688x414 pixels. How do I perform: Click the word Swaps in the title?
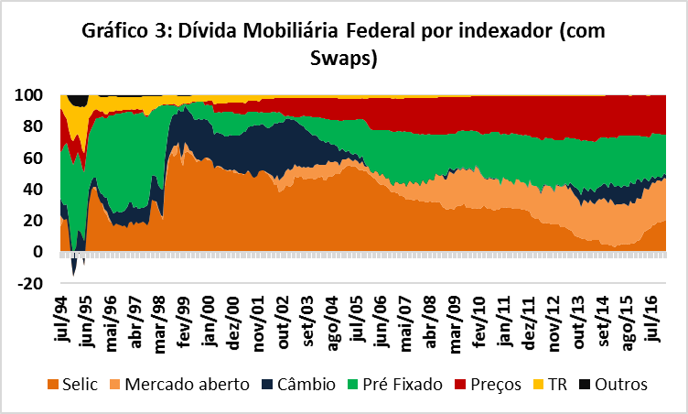point(343,58)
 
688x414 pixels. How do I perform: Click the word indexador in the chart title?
point(492,30)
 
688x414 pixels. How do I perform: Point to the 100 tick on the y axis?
point(33,94)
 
